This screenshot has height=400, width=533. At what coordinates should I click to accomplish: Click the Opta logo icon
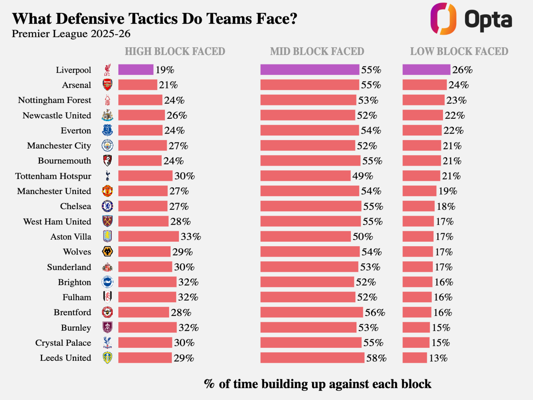pos(443,19)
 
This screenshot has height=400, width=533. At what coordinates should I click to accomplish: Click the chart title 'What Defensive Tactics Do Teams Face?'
pos(154,19)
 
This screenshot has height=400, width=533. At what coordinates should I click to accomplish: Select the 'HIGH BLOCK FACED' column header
pos(175,51)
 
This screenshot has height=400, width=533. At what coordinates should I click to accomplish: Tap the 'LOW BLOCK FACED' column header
pos(459,51)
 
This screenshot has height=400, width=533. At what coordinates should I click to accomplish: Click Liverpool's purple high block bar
pos(136,70)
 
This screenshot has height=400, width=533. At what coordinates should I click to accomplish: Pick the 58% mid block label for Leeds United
pos(376,358)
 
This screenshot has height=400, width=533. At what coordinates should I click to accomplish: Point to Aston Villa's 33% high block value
pos(191,237)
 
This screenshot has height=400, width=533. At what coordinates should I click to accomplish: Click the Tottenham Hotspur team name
pos(53,176)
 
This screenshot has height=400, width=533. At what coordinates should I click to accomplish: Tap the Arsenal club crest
pos(108,85)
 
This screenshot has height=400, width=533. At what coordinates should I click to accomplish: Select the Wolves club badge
pos(108,251)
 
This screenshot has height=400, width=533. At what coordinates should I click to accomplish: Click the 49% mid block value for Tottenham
pos(363,176)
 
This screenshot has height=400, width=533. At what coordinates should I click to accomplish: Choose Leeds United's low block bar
pos(415,358)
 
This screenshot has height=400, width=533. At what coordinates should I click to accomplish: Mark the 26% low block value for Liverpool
pos(462,70)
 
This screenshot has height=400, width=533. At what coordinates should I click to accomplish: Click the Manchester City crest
pos(108,145)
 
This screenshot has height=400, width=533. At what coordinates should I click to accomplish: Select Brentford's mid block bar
pos(311,312)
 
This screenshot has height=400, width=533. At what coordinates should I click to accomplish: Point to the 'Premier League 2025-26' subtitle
pos(71,34)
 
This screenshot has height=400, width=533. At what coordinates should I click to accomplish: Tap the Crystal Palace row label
pos(63,343)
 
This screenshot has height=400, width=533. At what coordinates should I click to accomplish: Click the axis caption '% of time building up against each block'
pos(318,384)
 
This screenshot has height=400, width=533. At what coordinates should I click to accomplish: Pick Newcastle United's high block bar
pos(142,115)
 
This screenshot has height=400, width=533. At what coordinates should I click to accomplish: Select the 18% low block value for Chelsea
pos(446,207)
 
